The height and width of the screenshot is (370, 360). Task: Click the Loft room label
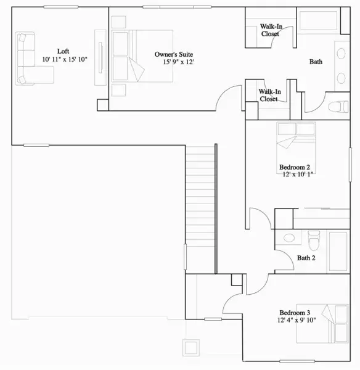(x=63, y=51)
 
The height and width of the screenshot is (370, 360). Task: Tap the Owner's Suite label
(x=174, y=54)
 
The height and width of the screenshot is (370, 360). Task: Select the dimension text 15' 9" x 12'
(x=178, y=62)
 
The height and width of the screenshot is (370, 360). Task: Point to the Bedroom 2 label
(x=295, y=167)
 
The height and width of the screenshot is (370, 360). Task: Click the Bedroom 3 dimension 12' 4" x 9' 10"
(x=297, y=320)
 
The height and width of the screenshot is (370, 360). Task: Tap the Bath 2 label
(x=306, y=258)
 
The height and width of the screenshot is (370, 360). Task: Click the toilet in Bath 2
(x=314, y=240)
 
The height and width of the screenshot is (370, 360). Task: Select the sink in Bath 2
(x=289, y=238)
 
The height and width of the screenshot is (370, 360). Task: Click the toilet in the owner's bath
(x=338, y=107)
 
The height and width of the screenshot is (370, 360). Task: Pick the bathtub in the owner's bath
(x=318, y=20)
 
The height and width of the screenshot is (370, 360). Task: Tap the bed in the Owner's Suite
(x=142, y=56)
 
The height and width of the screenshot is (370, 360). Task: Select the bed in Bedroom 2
(x=296, y=147)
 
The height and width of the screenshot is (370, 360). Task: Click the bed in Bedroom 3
(x=322, y=324)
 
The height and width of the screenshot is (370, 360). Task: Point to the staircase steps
(x=200, y=196)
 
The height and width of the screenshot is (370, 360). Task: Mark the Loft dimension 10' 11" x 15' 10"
(x=65, y=59)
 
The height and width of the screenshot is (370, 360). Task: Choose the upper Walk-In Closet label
(x=271, y=30)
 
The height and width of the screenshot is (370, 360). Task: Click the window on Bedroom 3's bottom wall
(x=297, y=361)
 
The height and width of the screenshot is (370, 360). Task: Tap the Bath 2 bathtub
(x=338, y=252)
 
